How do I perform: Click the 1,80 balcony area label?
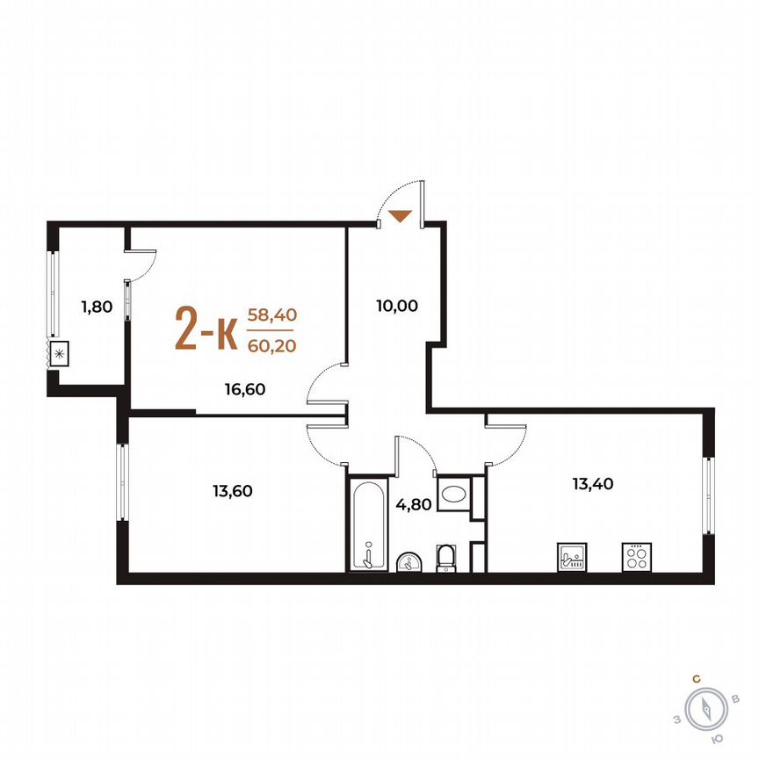(98, 307)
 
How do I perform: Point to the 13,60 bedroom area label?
(232, 491)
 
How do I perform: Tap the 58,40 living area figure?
(271, 314)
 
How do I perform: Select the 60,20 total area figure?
(271, 345)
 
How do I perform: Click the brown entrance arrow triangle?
(401, 215)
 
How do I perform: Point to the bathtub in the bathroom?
(367, 524)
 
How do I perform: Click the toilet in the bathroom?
(447, 557)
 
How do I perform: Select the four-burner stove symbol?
(635, 557)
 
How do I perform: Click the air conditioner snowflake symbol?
(60, 355)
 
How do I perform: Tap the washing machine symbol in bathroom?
(454, 494)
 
